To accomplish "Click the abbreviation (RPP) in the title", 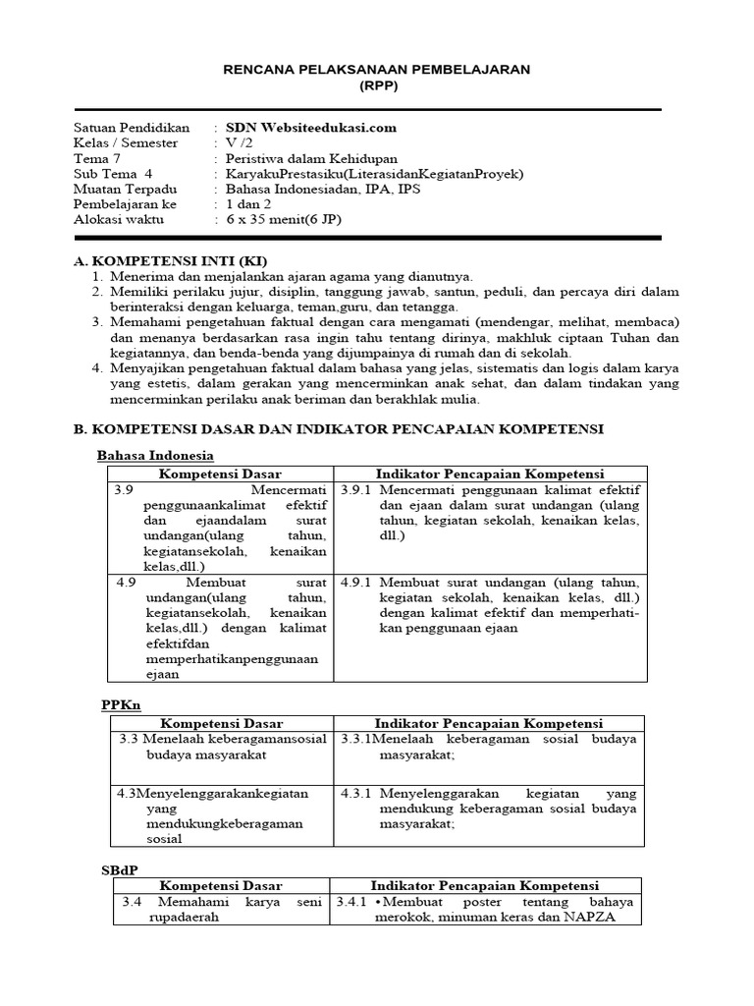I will (x=376, y=85).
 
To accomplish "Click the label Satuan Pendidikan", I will (x=132, y=128).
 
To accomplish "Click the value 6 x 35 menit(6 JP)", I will (x=285, y=220).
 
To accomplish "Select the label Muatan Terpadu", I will (x=126, y=190).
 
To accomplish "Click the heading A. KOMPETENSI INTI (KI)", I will (x=170, y=261).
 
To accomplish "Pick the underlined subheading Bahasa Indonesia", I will (x=155, y=456).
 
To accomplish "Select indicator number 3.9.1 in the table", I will (x=355, y=489).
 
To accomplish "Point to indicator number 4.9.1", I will (x=355, y=582).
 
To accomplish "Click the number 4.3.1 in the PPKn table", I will (x=355, y=793).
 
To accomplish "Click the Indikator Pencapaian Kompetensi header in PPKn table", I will (x=489, y=723).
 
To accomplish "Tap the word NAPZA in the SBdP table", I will (x=612, y=917).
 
